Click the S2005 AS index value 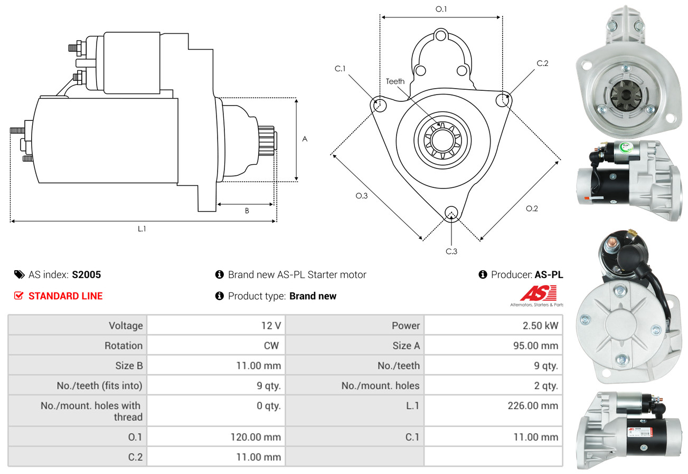tap(86, 274)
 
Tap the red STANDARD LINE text tap(65, 296)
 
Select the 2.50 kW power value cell tap(540, 326)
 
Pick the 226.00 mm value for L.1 tap(534, 406)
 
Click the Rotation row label tap(123, 346)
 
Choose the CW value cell tap(271, 346)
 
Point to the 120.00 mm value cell tap(256, 437)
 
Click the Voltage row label tap(126, 326)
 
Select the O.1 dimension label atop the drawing tap(441, 9)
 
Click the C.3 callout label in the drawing tap(451, 251)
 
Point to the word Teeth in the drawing tap(395, 81)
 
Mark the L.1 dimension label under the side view tap(142, 229)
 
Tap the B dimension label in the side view tap(247, 211)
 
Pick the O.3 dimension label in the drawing tap(361, 196)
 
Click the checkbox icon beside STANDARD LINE tap(18, 296)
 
